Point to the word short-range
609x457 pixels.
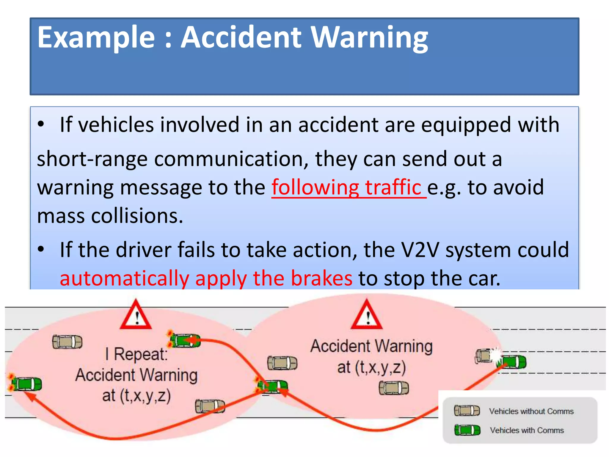[x=92, y=159]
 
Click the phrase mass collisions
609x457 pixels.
[x=110, y=216]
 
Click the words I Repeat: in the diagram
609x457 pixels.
[x=136, y=354]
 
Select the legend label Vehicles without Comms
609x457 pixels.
[x=531, y=411]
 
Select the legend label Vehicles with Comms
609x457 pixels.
[x=527, y=430]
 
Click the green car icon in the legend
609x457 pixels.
[x=467, y=430]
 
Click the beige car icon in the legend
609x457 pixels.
[x=467, y=411]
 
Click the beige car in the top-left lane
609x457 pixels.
[x=67, y=342]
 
